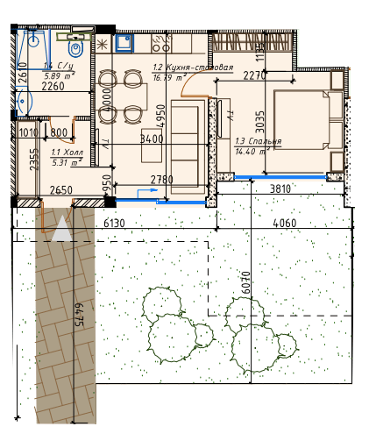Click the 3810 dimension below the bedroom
[280, 188]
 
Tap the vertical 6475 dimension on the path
[78, 316]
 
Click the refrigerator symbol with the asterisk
[102, 42]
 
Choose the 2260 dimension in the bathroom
[53, 86]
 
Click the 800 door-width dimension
[59, 133]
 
